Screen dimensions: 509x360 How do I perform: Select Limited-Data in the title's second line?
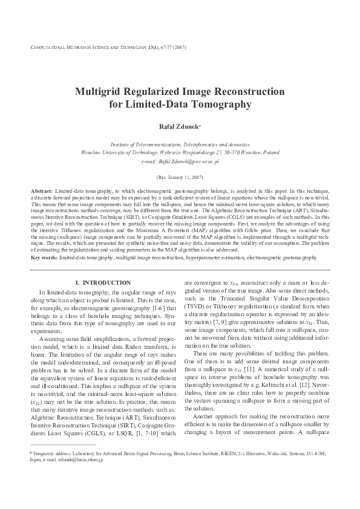click(x=154, y=105)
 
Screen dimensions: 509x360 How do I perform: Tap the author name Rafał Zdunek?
click(x=178, y=128)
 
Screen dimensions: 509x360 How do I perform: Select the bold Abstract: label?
click(x=42, y=191)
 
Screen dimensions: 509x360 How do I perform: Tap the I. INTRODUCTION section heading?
click(x=102, y=283)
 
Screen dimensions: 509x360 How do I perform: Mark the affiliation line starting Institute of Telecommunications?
click(x=179, y=145)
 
